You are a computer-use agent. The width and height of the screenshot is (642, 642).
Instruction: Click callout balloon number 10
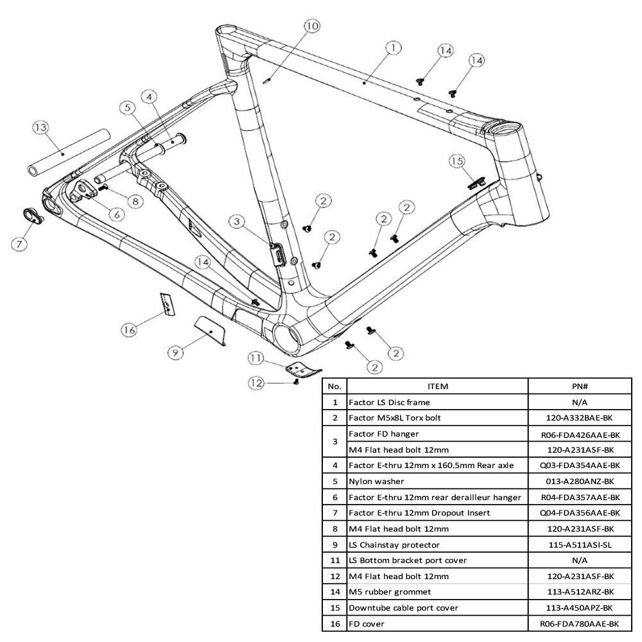(x=311, y=26)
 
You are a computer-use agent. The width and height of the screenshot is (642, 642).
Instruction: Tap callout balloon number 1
(x=393, y=47)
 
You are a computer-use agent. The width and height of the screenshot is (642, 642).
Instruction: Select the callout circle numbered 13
(x=40, y=128)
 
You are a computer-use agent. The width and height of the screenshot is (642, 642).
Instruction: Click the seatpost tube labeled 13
(x=67, y=152)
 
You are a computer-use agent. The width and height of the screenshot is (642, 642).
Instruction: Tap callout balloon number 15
(x=456, y=162)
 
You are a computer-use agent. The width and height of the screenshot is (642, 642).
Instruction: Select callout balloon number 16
(x=129, y=329)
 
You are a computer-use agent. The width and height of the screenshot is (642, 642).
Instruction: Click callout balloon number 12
(x=257, y=383)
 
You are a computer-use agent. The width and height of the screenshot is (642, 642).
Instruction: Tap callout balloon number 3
(x=237, y=222)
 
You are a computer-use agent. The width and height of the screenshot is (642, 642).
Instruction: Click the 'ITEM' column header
(x=437, y=386)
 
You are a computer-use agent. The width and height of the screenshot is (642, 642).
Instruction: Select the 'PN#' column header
(x=580, y=386)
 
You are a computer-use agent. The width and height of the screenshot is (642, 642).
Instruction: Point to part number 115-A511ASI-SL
(x=580, y=544)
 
